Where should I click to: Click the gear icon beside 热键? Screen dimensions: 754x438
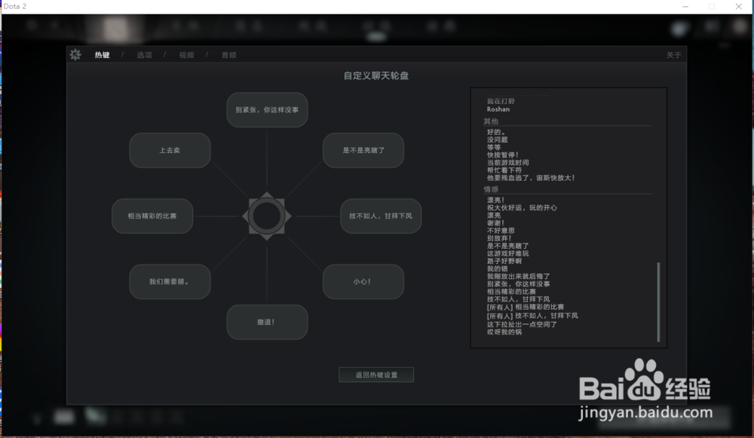pos(75,54)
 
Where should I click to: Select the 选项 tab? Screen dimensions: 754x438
pos(144,55)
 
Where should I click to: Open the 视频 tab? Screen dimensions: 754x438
pos(186,55)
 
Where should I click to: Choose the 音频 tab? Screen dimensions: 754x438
pos(228,55)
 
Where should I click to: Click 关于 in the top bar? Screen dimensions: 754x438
pos(673,55)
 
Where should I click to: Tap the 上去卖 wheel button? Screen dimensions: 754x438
pos(170,150)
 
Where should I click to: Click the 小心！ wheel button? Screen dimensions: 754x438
pos(363,282)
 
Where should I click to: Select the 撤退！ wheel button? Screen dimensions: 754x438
pos(266,322)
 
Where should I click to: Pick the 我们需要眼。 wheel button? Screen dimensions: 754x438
pos(170,282)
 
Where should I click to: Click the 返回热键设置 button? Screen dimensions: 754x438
pos(376,375)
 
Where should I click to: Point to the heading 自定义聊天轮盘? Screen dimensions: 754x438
pos(376,75)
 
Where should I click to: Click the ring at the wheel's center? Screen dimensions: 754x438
pos(266,216)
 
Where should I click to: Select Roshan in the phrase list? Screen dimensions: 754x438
pos(498,109)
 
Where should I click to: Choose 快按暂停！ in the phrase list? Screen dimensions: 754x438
pos(503,155)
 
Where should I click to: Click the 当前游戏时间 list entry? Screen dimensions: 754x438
pos(508,162)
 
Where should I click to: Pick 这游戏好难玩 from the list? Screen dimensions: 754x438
pos(508,253)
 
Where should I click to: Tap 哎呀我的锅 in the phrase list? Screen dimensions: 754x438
pos(504,332)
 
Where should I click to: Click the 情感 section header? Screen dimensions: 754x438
pos(491,189)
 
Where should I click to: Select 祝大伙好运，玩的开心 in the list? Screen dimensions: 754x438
pos(522,207)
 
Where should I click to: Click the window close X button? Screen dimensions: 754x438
pos(738,7)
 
